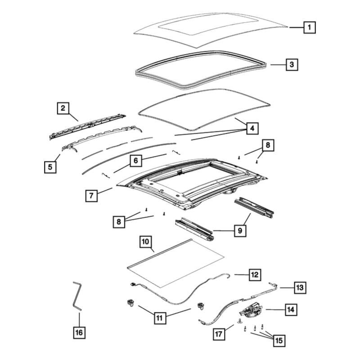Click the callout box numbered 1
309,27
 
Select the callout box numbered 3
292,65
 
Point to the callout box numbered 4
252,128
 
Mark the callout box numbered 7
91,196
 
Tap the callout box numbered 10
146,242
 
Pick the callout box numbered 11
159,318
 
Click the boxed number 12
254,274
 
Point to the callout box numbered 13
299,286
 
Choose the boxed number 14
291,309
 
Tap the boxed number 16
79,333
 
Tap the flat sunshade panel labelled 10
175,263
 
